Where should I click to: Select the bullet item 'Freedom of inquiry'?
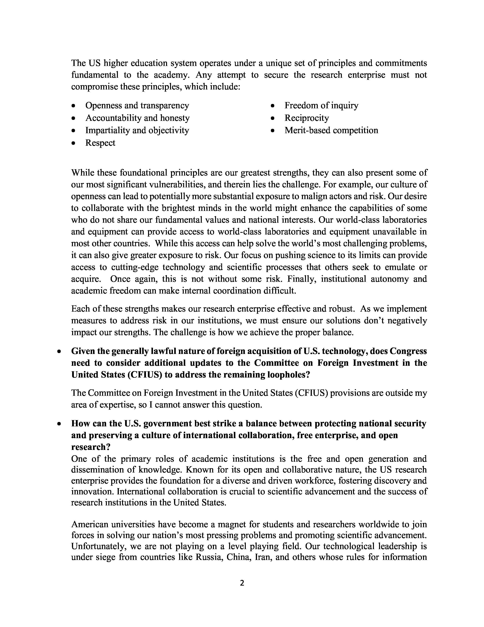[321, 105]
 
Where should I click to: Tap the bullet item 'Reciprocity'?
[307, 118]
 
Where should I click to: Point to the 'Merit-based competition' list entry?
[331, 130]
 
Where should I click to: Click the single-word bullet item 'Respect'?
[100, 143]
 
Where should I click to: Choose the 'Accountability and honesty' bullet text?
[137, 118]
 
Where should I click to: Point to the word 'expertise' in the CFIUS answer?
[114, 405]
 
